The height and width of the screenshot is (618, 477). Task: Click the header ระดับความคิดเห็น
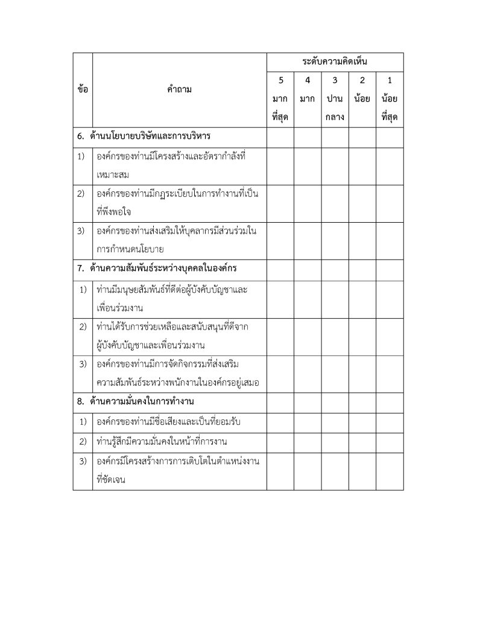[x=335, y=62]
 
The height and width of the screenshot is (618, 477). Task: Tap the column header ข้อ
[x=83, y=89]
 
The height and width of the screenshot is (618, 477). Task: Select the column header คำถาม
[x=179, y=89]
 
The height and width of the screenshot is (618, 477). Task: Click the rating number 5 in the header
[x=280, y=80]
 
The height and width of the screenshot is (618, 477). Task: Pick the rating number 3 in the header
[x=335, y=80]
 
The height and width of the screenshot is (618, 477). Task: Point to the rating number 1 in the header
[x=390, y=80]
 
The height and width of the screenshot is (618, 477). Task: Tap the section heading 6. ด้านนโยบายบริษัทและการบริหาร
[x=147, y=135]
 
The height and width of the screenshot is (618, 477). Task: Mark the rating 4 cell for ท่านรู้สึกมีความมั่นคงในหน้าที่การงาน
[x=307, y=441]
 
